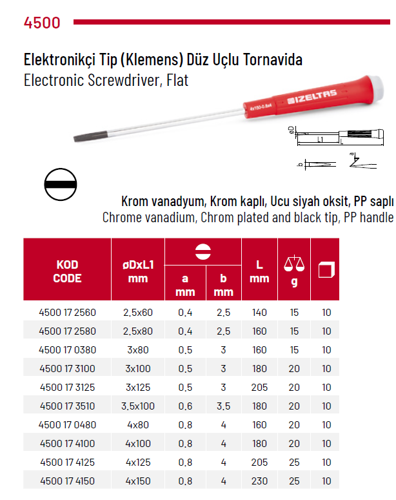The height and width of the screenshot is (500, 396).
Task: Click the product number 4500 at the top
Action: click(x=42, y=23)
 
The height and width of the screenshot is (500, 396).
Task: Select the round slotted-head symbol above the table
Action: click(x=61, y=185)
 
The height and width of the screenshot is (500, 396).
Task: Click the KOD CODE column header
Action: click(x=67, y=272)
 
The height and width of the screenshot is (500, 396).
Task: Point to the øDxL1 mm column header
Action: click(x=138, y=272)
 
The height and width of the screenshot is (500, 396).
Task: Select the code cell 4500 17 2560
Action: click(x=67, y=313)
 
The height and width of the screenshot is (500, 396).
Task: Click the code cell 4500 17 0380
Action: click(x=67, y=350)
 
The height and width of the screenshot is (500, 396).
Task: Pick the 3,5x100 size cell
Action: click(x=138, y=406)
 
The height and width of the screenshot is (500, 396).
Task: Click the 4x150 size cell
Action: click(x=138, y=481)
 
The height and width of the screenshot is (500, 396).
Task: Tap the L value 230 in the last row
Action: click(x=259, y=481)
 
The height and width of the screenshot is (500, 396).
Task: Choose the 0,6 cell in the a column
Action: click(x=184, y=406)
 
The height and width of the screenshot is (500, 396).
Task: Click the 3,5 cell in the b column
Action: click(x=223, y=406)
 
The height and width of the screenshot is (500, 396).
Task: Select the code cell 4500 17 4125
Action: click(x=67, y=463)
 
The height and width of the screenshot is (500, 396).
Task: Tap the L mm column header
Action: click(x=259, y=272)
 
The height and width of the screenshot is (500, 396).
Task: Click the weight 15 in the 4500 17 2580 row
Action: click(x=294, y=331)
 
